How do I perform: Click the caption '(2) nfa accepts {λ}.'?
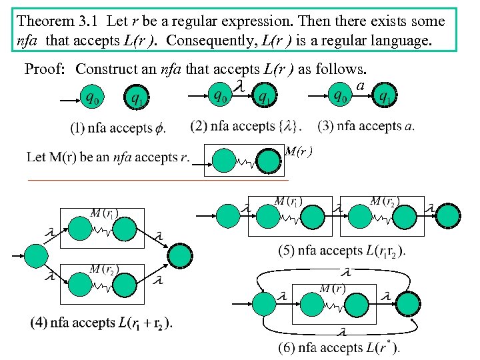tap(245, 125)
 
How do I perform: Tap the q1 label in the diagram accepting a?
tap(385, 97)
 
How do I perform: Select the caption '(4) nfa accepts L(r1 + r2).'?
tap(101, 323)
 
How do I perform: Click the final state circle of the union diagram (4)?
tap(179, 254)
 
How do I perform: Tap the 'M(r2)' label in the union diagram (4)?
tap(105, 269)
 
